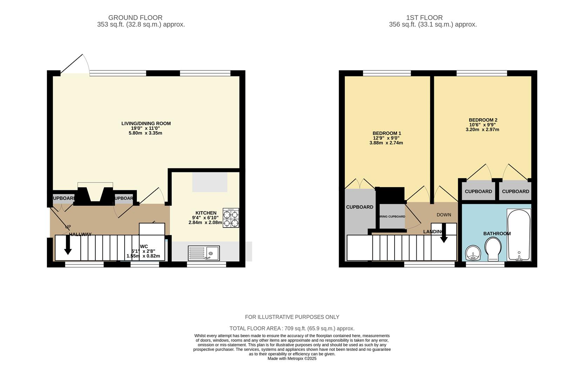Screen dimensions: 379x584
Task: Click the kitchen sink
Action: tap(204, 253)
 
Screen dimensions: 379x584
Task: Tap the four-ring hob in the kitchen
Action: tap(231, 218)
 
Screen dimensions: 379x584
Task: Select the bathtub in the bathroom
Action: tap(519, 234)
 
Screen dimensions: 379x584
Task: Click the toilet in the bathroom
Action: tap(493, 248)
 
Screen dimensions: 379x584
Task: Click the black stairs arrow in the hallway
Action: tap(68, 245)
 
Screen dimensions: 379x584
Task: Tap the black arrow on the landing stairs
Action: tap(444, 233)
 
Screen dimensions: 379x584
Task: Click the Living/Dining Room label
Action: tap(146, 124)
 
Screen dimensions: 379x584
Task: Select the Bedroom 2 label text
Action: tap(483, 120)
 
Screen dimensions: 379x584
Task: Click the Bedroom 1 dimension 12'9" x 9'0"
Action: tap(386, 138)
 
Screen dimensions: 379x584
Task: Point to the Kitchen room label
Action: tap(206, 213)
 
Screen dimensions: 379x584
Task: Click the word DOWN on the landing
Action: tap(444, 215)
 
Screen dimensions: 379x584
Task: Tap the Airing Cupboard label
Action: tap(392, 217)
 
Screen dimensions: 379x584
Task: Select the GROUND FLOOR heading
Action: tap(135, 18)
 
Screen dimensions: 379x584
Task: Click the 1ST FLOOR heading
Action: tap(424, 18)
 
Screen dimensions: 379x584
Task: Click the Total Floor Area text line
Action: tap(292, 328)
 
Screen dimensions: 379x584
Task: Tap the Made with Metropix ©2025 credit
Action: tap(292, 359)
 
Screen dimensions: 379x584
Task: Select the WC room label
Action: tap(144, 246)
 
